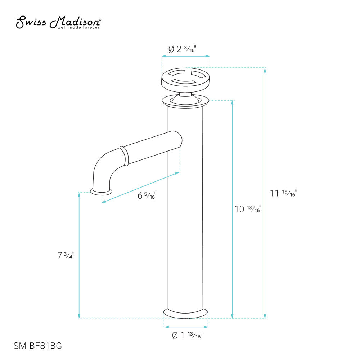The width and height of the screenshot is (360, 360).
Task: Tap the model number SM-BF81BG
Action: click(37, 346)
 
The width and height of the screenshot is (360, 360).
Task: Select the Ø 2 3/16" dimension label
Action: click(185, 49)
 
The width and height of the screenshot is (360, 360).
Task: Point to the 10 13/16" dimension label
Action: click(247, 209)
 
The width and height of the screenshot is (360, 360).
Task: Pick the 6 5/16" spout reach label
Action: click(147, 196)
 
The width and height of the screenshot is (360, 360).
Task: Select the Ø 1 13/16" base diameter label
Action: click(187, 336)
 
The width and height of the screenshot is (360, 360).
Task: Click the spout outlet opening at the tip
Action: click(101, 192)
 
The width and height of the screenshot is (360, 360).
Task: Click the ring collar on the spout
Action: click(123, 156)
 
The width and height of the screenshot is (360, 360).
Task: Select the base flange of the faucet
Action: click(186, 313)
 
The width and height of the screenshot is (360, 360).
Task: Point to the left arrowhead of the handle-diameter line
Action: click(163, 56)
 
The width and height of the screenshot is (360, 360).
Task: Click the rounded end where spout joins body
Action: click(177, 139)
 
